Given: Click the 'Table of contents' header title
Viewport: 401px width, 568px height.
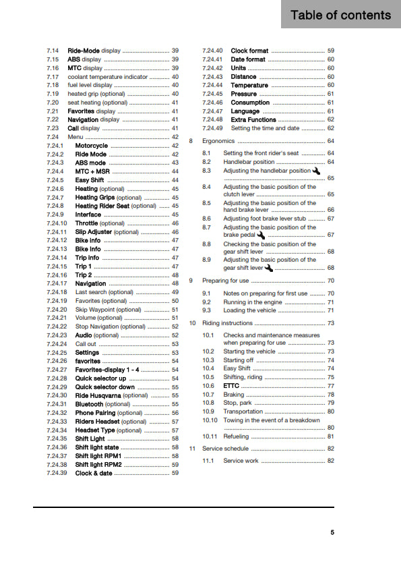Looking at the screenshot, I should [x=340, y=15].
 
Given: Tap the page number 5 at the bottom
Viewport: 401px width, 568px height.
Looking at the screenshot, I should [x=332, y=532].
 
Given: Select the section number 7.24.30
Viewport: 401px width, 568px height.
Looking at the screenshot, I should [x=57, y=395].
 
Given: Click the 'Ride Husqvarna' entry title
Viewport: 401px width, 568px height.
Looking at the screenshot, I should [x=98, y=395].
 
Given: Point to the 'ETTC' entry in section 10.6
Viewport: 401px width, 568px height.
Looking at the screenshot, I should [x=231, y=386].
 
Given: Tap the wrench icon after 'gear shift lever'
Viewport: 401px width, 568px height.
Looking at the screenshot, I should [x=268, y=268].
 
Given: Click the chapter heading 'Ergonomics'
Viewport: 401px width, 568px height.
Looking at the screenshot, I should [x=218, y=141].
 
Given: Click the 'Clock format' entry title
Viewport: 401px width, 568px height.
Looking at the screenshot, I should [x=249, y=51].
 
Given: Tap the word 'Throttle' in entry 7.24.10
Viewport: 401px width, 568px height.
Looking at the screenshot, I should [x=86, y=223].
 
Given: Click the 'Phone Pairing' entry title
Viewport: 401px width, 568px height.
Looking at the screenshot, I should [x=95, y=412].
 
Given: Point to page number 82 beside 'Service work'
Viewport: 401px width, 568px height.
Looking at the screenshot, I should [x=330, y=461].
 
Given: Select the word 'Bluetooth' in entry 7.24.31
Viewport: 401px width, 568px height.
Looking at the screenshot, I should [x=90, y=404].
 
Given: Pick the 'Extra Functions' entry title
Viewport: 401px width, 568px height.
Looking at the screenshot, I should [x=253, y=119].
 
